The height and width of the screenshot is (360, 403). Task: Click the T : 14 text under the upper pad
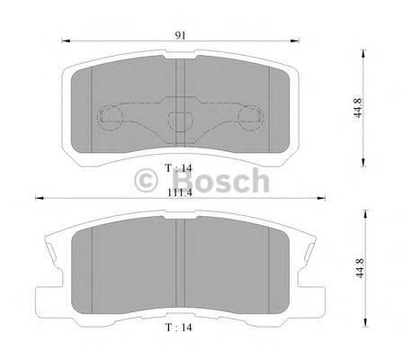point(181,166)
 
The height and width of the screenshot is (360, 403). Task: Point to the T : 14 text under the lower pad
point(181,328)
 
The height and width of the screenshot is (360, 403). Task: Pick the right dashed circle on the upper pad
point(255,118)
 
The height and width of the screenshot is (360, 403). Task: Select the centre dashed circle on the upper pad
point(182,121)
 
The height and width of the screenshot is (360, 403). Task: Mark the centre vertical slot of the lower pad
point(180,261)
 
